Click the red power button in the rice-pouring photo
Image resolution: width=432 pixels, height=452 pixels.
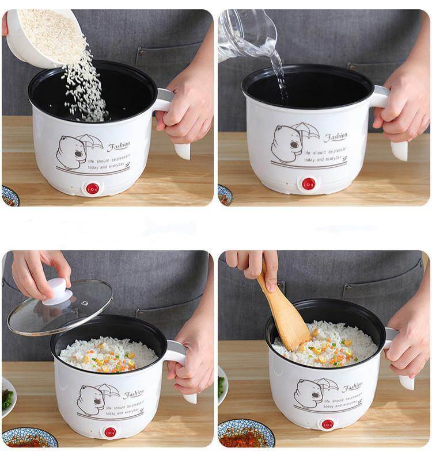[x=92, y=188]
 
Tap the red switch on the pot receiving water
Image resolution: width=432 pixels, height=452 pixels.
[x=309, y=184]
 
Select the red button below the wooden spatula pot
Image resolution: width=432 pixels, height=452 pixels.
[x=327, y=424]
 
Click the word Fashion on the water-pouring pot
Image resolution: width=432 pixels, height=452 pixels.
[x=335, y=137]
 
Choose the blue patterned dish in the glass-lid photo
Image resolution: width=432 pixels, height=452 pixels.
[x=29, y=437]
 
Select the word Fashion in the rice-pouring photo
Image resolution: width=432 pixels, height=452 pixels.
[x=119, y=146]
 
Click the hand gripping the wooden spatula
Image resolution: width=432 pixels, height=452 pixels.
[x=253, y=265]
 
